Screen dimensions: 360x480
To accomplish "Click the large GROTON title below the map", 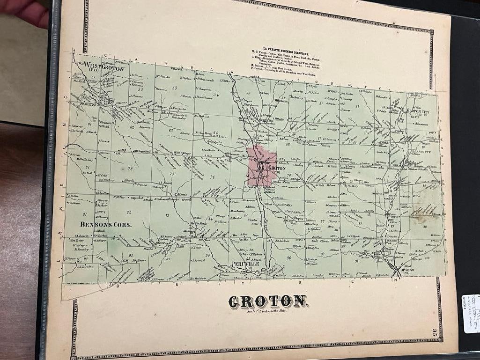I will [x=267, y=302].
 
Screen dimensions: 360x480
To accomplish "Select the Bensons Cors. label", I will [x=106, y=224].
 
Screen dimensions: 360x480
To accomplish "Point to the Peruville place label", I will [x=245, y=264].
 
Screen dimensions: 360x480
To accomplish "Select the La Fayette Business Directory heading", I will [x=285, y=48].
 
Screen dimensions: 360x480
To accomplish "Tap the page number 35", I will [x=435, y=333].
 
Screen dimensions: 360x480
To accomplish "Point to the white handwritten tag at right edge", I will [x=471, y=313].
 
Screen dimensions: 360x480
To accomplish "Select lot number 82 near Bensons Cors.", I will [x=128, y=212].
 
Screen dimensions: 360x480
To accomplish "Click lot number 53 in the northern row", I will [x=175, y=88].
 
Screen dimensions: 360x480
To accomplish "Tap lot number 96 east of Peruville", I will [x=289, y=258].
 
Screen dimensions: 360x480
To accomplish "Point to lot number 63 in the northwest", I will [x=170, y=130].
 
